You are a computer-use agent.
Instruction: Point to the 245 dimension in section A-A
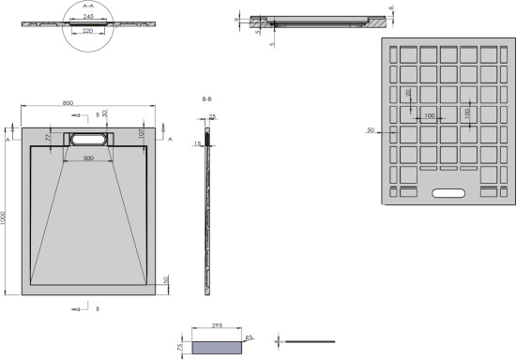point(86,15)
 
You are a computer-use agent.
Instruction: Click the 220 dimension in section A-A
point(86,32)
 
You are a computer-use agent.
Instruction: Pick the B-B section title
point(206,97)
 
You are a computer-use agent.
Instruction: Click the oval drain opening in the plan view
point(87,138)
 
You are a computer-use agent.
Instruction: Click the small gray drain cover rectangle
point(215,346)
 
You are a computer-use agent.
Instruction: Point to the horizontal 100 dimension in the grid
point(429,116)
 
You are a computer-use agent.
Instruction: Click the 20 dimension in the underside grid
point(407,94)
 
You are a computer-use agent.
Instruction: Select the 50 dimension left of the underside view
point(372,129)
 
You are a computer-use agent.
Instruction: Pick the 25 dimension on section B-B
point(212,117)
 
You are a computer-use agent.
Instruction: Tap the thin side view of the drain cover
point(310,340)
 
